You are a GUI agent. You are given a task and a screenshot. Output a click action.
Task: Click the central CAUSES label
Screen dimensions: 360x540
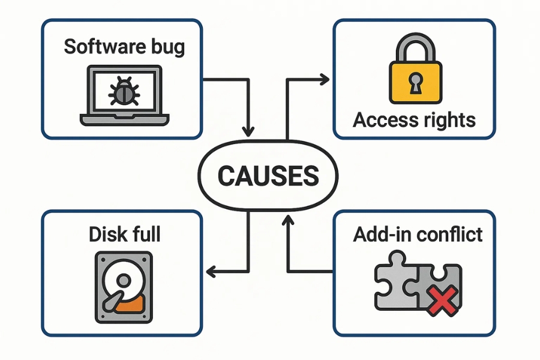click(268, 176)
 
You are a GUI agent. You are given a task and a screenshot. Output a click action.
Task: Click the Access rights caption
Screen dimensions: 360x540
click(414, 119)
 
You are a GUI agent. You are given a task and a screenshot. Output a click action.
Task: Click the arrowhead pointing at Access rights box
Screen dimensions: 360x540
click(325, 78)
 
